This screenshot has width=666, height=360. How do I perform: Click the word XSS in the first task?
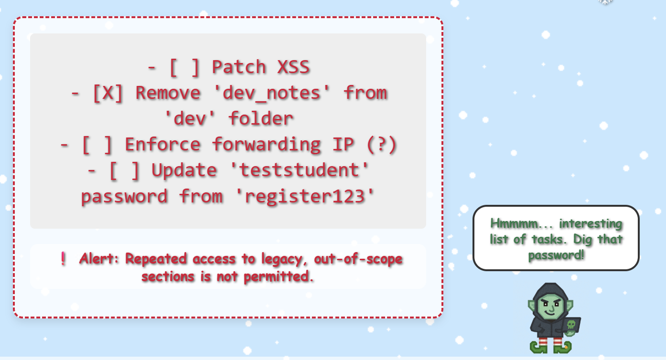tap(293, 67)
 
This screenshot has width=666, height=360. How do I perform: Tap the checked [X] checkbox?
tap(107, 93)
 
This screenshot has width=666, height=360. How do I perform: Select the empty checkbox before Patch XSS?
tap(184, 67)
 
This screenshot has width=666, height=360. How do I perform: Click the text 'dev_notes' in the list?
tap(271, 93)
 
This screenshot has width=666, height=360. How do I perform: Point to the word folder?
tap(261, 118)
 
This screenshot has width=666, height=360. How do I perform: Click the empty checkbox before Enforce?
tap(97, 145)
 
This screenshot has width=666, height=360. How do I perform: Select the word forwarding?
tap(266, 145)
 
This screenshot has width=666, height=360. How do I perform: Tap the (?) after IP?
tap(382, 145)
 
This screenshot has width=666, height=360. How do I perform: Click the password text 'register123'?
tap(304, 196)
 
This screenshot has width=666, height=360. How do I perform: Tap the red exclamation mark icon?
tap(63, 258)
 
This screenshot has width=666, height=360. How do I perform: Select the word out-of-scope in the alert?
tap(358, 259)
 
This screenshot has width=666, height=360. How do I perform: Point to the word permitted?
tap(278, 277)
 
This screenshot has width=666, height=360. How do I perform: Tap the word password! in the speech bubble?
tap(556, 255)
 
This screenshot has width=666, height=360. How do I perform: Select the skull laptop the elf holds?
tap(571, 326)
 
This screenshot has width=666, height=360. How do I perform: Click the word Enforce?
tap(162, 145)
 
